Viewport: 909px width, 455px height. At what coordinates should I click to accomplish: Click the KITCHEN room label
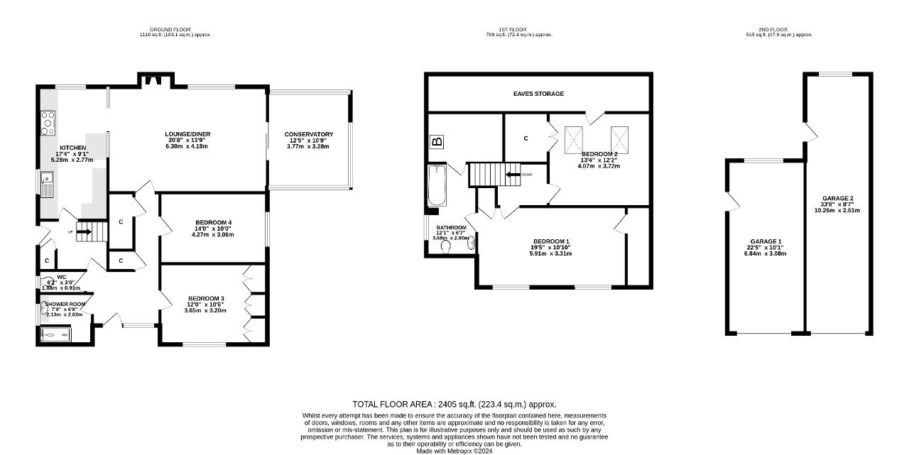pyautogui.click(x=72, y=148)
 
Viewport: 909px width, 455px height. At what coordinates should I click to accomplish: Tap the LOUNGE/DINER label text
pyautogui.click(x=188, y=134)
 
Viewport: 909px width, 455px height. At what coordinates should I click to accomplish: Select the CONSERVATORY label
pyautogui.click(x=308, y=134)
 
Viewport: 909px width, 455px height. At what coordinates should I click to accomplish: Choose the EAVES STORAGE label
pyautogui.click(x=538, y=94)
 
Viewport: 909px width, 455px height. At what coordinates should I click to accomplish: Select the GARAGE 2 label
pyautogui.click(x=837, y=199)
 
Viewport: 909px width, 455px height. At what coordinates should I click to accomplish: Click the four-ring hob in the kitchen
pyautogui.click(x=48, y=124)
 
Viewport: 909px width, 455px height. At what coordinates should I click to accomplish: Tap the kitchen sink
pyautogui.click(x=47, y=185)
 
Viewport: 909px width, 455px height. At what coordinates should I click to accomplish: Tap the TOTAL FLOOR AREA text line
pyautogui.click(x=454, y=404)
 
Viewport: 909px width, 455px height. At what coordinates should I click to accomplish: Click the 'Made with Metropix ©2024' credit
pyautogui.click(x=454, y=451)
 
